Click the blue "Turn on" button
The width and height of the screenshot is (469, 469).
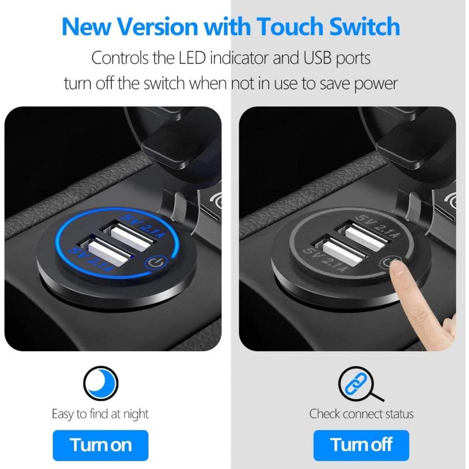pos(100,445)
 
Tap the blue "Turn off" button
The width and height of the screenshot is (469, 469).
pos(361,445)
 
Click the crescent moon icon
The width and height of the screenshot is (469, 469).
pos(101,383)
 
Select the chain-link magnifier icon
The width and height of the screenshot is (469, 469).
pos(358,383)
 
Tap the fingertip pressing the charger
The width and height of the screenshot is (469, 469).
pos(397,270)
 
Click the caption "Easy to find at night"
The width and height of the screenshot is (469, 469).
pos(100,414)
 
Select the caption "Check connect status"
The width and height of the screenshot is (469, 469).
pos(361,414)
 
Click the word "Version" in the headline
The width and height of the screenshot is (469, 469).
pos(158,27)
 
